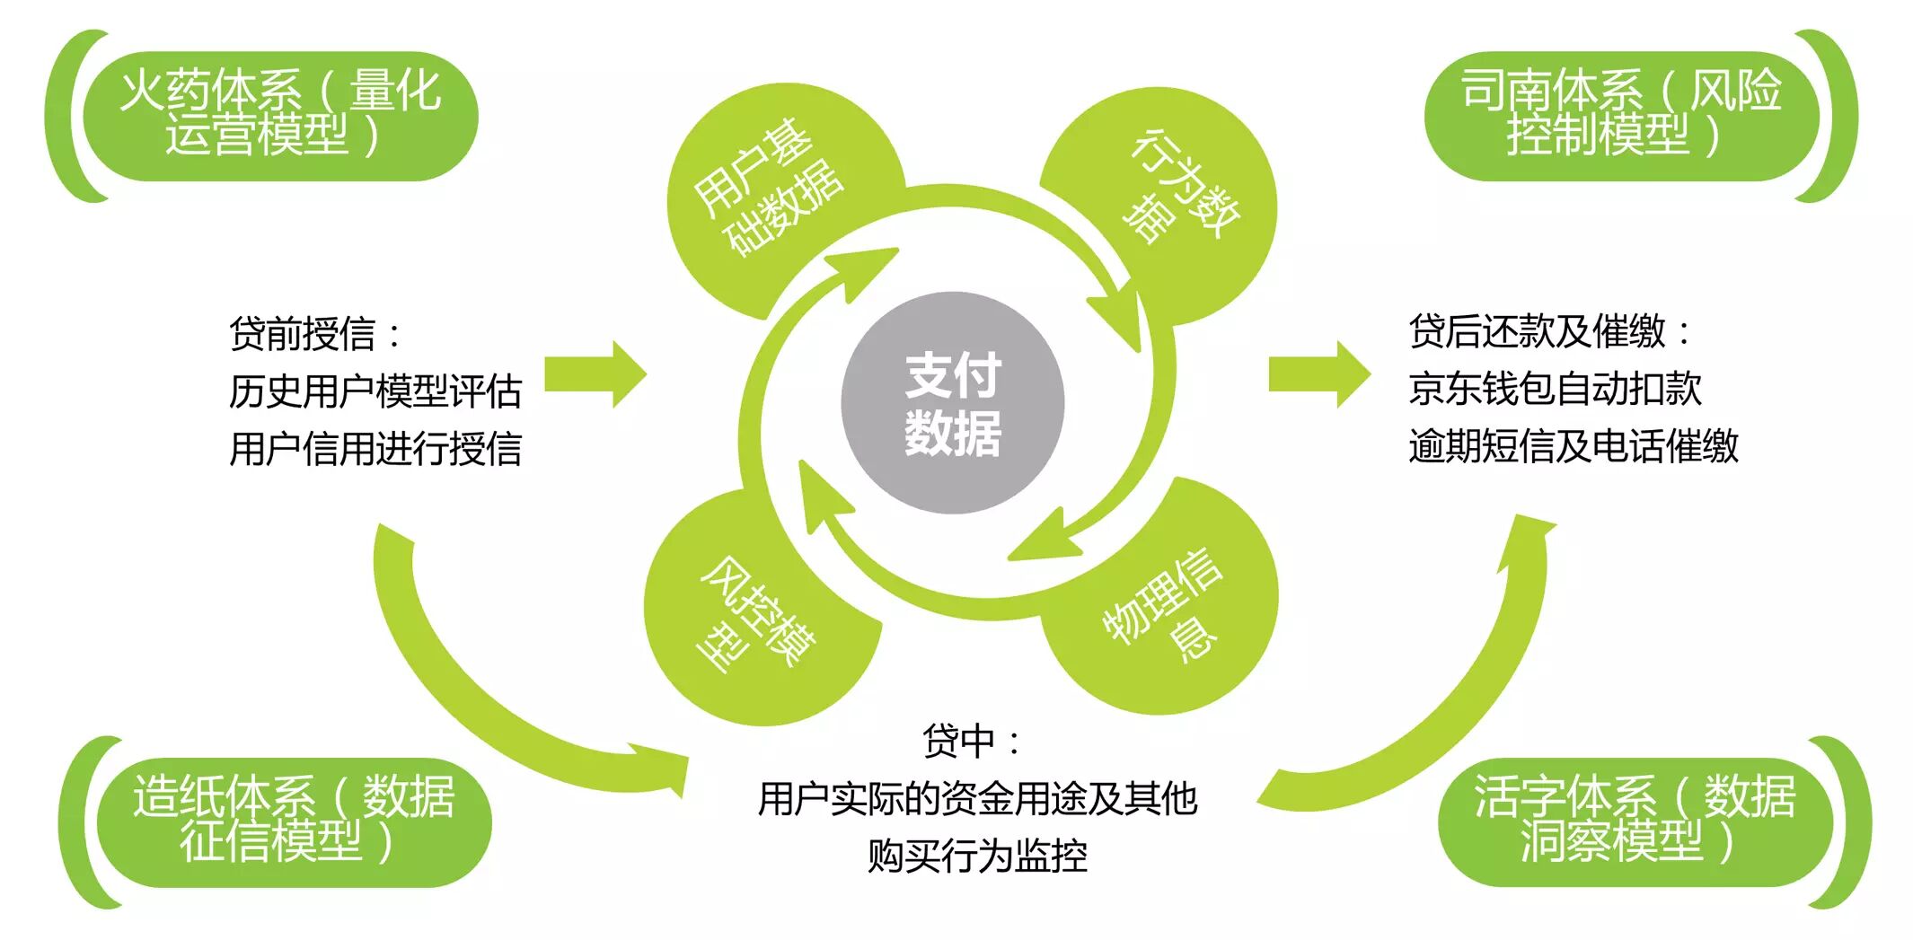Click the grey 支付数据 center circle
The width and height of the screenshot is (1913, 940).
tap(952, 402)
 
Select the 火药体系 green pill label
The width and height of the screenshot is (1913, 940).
tap(279, 115)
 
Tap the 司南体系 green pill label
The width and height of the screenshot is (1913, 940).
tap(1620, 115)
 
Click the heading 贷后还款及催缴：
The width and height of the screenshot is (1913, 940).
tap(1550, 331)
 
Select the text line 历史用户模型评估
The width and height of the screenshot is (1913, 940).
tap(375, 391)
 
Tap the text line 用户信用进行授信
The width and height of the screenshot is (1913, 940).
tap(375, 449)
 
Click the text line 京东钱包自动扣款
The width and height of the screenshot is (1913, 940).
tap(1555, 389)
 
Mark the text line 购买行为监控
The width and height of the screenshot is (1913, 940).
tap(977, 856)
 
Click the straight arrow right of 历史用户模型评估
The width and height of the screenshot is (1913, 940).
tap(595, 374)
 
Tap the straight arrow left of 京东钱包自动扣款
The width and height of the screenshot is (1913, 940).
tap(1318, 374)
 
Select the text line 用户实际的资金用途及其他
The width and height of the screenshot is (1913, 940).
tap(977, 798)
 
